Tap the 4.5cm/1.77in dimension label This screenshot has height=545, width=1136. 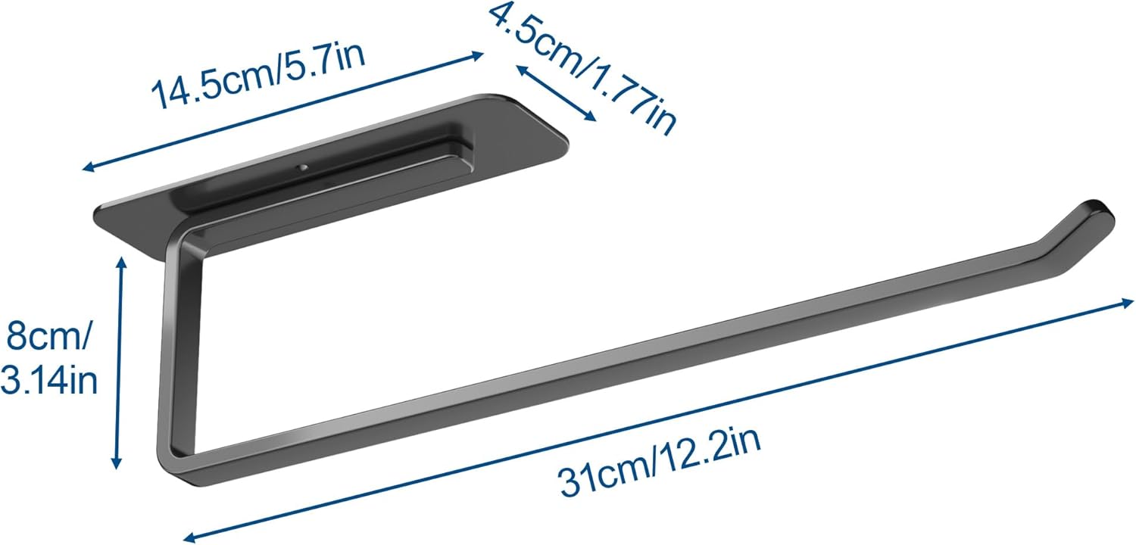pyautogui.click(x=583, y=69)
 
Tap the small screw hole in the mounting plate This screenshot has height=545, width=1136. pyautogui.click(x=303, y=168)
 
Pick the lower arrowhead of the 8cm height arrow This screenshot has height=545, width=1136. pyautogui.click(x=117, y=460)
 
